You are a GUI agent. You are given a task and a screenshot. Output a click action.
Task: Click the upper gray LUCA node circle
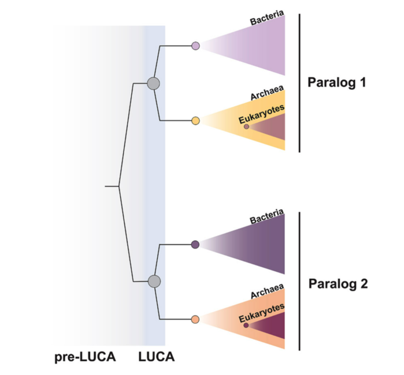(153, 83)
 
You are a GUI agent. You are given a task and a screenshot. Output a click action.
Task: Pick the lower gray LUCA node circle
(153, 281)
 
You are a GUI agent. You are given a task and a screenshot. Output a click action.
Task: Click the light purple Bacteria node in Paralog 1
(195, 45)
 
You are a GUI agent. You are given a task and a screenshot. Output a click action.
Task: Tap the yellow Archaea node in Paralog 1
(195, 121)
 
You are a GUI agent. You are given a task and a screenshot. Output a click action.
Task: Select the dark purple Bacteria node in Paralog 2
(195, 244)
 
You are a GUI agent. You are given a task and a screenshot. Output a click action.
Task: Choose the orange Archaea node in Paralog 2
(195, 320)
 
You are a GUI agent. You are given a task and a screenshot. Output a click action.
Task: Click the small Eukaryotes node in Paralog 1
(246, 127)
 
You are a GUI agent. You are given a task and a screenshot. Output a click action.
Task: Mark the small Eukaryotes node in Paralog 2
(246, 325)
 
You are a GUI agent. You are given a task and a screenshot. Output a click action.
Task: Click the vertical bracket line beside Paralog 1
(299, 83)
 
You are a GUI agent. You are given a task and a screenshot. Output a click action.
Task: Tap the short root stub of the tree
(112, 187)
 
